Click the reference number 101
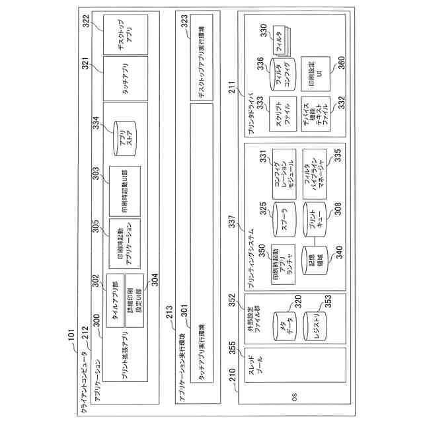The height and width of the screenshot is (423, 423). point(71,341)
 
